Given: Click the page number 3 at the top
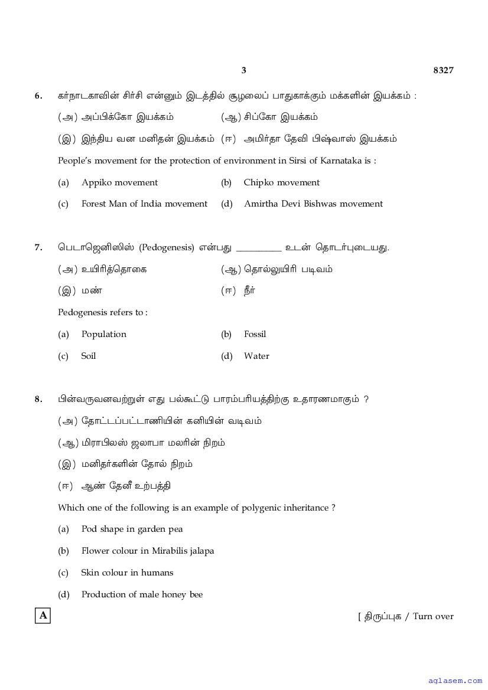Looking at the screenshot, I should [243, 70].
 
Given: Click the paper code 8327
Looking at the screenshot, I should [443, 70].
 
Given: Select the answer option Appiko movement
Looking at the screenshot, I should [119, 182].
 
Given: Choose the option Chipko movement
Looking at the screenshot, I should [281, 182].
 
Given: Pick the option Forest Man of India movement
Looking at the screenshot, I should [144, 204].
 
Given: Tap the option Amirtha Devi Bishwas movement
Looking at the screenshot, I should [313, 204].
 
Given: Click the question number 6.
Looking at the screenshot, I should [38, 96].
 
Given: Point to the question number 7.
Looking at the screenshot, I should [38, 247].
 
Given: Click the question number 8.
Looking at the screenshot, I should [38, 400].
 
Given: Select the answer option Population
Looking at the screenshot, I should [103, 334].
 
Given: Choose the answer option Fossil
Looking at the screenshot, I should [255, 334].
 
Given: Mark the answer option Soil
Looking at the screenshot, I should [88, 356].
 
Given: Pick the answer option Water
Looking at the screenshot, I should [256, 356].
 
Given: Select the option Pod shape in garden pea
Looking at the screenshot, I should [132, 529].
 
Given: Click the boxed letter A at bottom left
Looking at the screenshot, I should [43, 616].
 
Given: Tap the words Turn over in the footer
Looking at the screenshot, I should [433, 616].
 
